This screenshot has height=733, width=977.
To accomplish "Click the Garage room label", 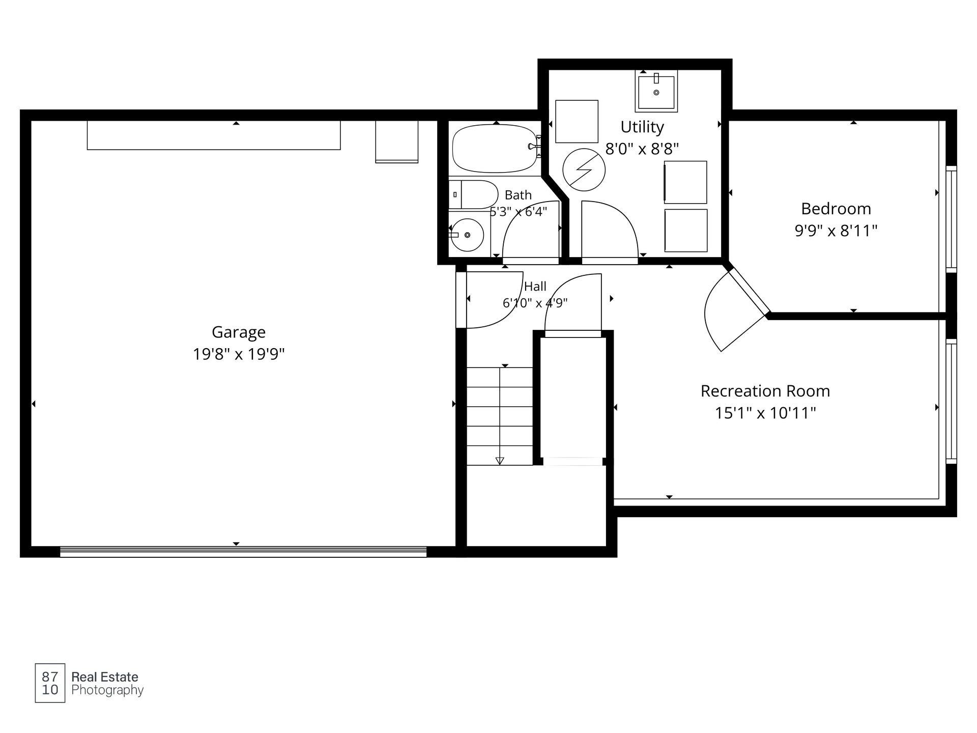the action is click(x=239, y=332).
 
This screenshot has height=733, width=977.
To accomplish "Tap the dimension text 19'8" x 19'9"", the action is click(x=239, y=354).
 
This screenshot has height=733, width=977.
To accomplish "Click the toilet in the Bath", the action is click(x=473, y=194).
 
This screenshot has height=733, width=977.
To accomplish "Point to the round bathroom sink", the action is click(x=468, y=235).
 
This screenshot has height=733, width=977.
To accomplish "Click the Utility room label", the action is click(x=642, y=127).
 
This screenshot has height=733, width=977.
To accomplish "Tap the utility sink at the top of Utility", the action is click(x=656, y=91).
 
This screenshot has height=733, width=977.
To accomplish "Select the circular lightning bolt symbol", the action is click(x=584, y=170).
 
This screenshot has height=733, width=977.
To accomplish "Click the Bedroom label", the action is click(x=836, y=209).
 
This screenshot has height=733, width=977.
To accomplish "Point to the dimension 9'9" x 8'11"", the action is click(x=836, y=231).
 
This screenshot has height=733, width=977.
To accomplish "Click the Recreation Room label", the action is click(x=765, y=391).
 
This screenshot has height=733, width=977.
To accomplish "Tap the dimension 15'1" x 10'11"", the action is click(x=765, y=413).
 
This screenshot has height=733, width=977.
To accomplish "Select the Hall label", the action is click(x=535, y=286).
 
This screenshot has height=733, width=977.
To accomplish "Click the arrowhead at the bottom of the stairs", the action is click(x=500, y=461).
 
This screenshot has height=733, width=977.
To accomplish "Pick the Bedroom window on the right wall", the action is click(x=951, y=219).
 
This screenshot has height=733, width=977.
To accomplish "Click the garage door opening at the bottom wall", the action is click(x=243, y=552).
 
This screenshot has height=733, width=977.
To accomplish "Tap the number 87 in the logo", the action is click(x=50, y=676).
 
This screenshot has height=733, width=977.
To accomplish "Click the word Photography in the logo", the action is click(x=107, y=690).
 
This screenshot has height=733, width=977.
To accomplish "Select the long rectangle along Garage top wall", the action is click(x=214, y=135).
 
